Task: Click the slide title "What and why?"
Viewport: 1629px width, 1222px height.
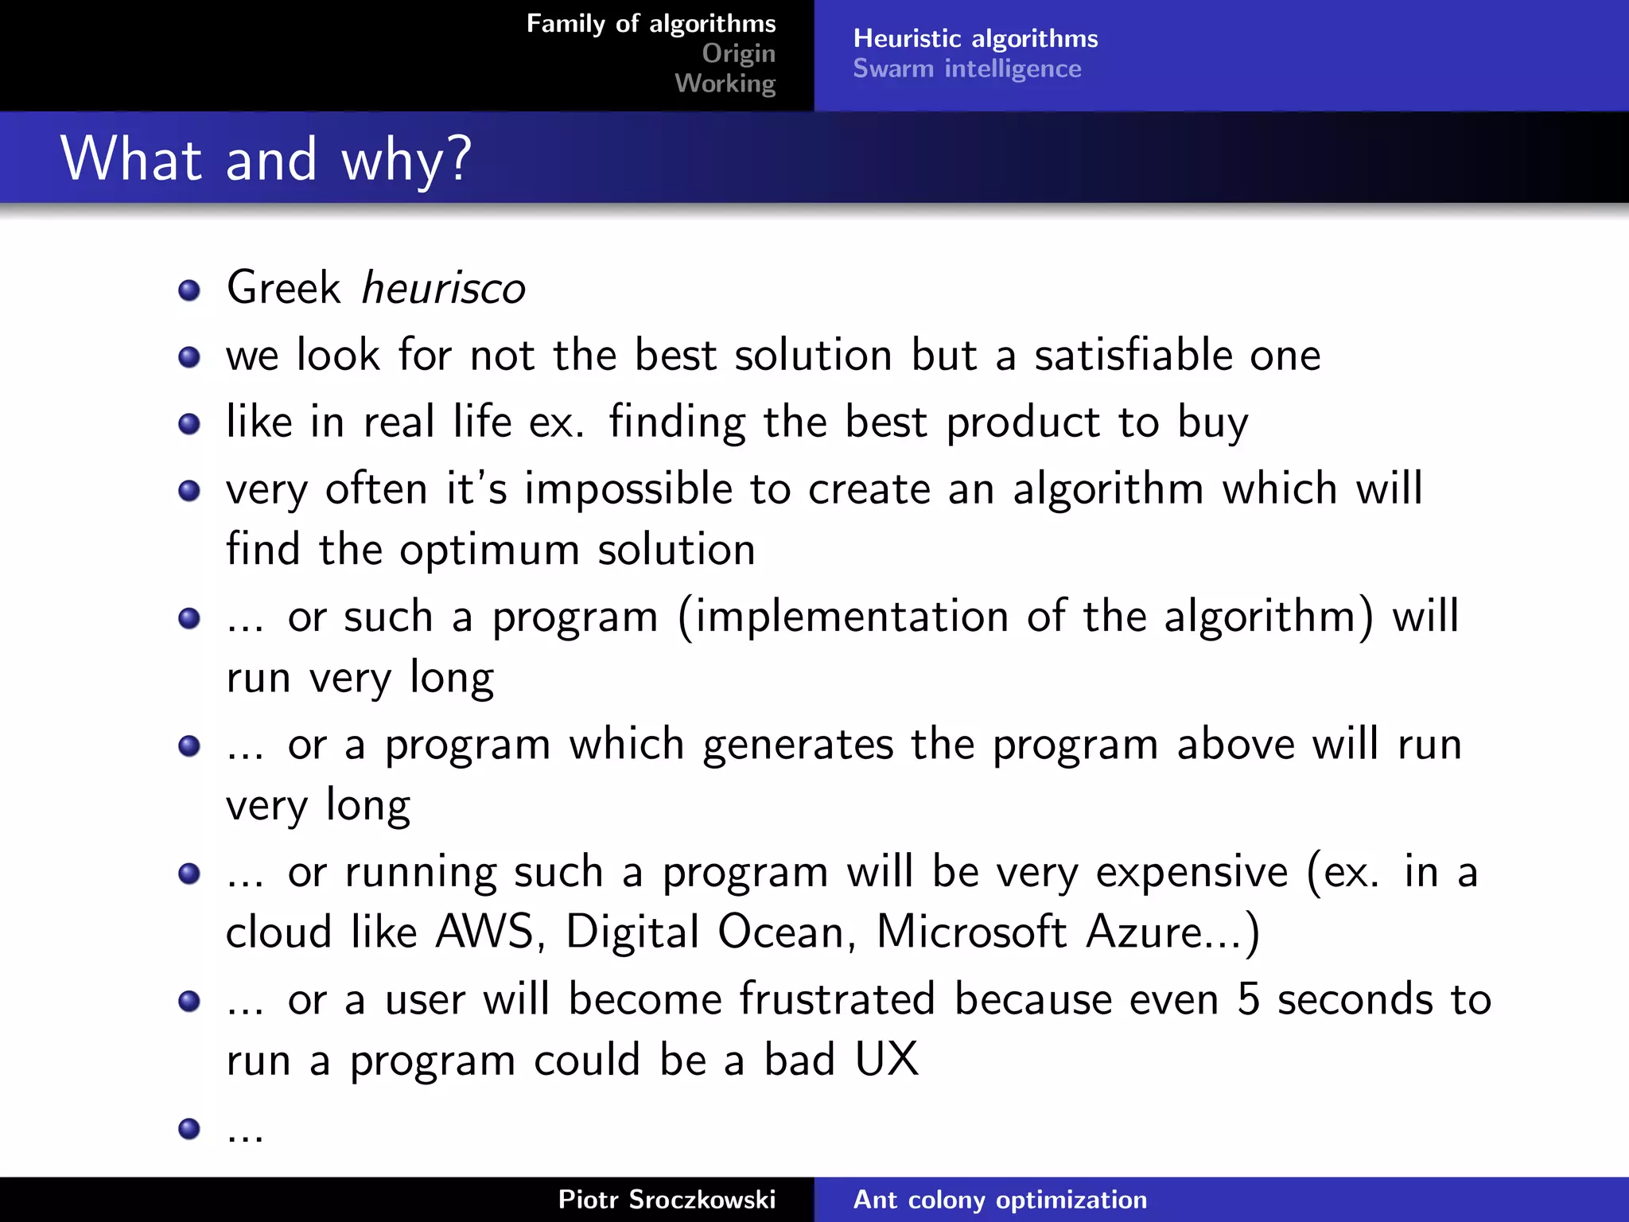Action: coord(266,159)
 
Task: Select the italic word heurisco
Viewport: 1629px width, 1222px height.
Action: coord(443,287)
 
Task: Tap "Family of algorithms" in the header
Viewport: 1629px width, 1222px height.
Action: coord(651,24)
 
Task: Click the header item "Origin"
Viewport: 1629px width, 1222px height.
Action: coord(738,53)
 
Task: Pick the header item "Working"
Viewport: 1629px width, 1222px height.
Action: coord(725,84)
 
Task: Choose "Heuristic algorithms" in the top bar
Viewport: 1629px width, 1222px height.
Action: coord(975,38)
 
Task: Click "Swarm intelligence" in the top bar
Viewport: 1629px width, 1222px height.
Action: coord(966,68)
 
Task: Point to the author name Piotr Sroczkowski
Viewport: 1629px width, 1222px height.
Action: coord(667,1199)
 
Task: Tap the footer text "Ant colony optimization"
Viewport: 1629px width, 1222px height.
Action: coord(1000,1199)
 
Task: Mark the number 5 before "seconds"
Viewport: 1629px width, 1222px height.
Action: coord(1248,999)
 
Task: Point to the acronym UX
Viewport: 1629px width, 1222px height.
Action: coord(886,1060)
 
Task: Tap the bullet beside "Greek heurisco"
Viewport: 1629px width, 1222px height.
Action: coord(189,290)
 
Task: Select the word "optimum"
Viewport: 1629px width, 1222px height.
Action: coord(489,550)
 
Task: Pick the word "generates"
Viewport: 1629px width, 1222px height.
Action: coord(798,745)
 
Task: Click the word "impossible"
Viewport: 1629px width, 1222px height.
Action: coord(628,488)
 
